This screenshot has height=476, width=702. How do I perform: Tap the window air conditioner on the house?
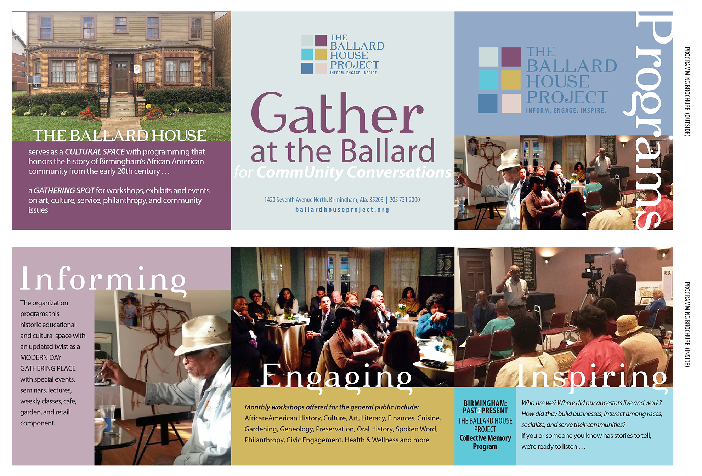coord(34,80)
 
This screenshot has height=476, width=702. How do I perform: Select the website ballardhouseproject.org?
coord(342,210)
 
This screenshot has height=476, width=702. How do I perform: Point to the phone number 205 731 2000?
coord(404,200)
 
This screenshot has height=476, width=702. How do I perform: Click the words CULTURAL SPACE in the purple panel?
coord(95,152)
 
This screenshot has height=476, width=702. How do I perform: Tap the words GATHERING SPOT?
coord(64,190)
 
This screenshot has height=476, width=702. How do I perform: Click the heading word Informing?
coord(103,280)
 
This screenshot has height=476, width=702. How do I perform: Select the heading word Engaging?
coord(336,377)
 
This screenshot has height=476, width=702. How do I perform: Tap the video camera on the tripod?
coord(591,273)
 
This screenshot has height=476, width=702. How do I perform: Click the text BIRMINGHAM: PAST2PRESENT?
coord(485,407)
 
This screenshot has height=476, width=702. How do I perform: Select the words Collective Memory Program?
coord(485,442)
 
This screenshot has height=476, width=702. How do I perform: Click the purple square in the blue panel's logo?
coord(511,57)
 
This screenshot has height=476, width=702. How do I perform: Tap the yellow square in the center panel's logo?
coord(321,55)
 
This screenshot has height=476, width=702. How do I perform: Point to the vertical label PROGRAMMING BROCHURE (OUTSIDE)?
coord(687,91)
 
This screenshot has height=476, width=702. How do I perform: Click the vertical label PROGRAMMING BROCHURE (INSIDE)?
coord(687,324)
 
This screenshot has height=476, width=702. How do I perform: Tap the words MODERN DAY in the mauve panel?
coord(41,357)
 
